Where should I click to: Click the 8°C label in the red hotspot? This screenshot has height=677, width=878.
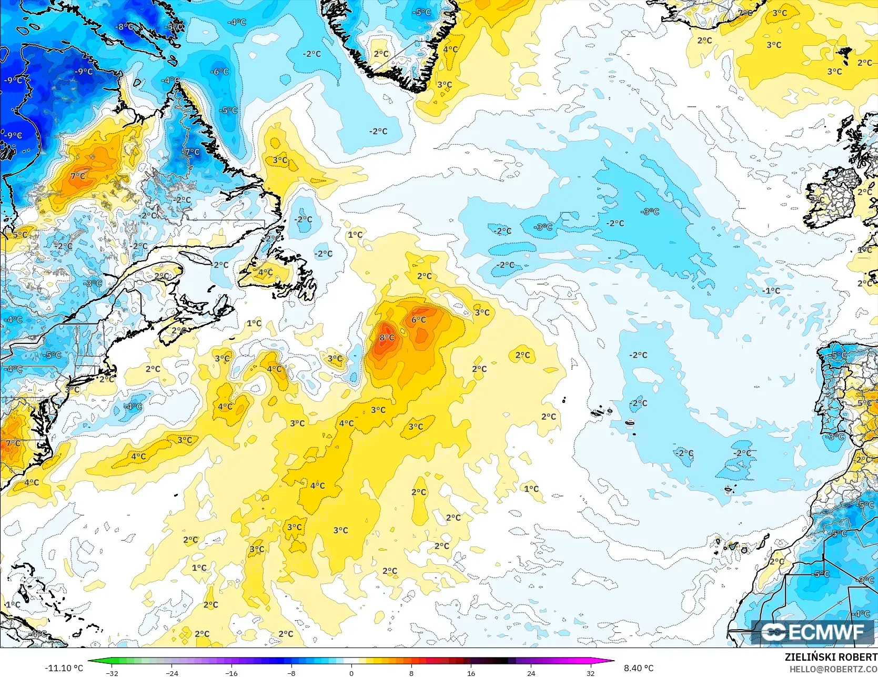point(387,338)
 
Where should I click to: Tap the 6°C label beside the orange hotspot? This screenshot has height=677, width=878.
point(419,320)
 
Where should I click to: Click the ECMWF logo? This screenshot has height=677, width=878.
point(815,632)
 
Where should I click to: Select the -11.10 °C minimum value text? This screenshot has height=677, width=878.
point(64,668)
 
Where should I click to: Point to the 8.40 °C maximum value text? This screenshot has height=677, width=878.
point(639,668)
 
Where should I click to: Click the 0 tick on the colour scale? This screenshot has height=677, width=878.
point(351,673)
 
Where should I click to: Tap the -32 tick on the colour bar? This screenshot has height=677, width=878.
point(112,673)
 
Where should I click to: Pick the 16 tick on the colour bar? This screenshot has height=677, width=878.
point(471,673)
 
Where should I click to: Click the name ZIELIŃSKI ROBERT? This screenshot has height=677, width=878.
point(831,657)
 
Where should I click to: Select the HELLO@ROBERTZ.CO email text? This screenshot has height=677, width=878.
point(833,669)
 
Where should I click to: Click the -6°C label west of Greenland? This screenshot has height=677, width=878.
point(219,72)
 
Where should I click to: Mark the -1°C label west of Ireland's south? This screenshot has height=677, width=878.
point(772,291)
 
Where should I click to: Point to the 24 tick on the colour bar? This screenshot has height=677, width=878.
point(531,673)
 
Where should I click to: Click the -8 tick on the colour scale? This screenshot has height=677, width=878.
point(291,673)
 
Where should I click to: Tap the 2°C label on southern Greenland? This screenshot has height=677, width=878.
point(381,54)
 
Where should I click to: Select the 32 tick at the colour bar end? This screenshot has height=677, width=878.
point(591,673)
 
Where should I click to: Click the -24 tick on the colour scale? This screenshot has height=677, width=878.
point(172,673)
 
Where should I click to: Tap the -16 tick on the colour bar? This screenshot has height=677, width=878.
point(231,673)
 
